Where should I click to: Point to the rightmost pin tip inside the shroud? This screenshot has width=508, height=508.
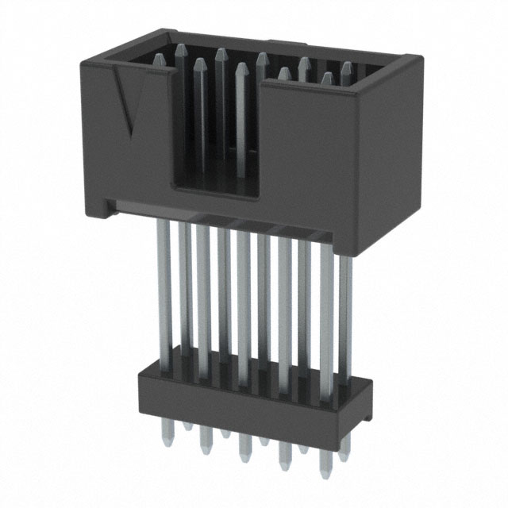click(346, 68)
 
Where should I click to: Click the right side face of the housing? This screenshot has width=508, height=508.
click(394, 159)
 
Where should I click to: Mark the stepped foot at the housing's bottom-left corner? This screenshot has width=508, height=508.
click(99, 207)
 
